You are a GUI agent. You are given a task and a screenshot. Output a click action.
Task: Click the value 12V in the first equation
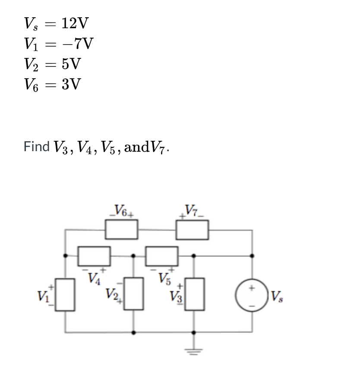coord(75,22)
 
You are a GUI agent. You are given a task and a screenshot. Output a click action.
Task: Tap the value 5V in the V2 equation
coord(71,64)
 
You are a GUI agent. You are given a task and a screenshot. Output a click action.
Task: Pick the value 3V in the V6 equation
coord(71,84)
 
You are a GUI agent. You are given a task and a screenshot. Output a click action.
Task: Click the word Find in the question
coord(36,146)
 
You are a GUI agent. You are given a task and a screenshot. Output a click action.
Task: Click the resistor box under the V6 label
coord(122,229)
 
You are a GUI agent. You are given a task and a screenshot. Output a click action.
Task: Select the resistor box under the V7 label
coord(193,229)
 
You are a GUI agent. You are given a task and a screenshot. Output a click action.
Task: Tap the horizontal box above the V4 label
coord(94,256)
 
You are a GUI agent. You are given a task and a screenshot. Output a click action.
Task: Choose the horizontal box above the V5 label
coord(162,256)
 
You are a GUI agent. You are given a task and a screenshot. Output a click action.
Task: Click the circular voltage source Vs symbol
coord(253,295)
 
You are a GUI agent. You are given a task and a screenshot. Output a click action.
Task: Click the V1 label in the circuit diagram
coord(43,297)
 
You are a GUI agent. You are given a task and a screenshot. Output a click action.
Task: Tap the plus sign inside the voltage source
coord(253,287)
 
